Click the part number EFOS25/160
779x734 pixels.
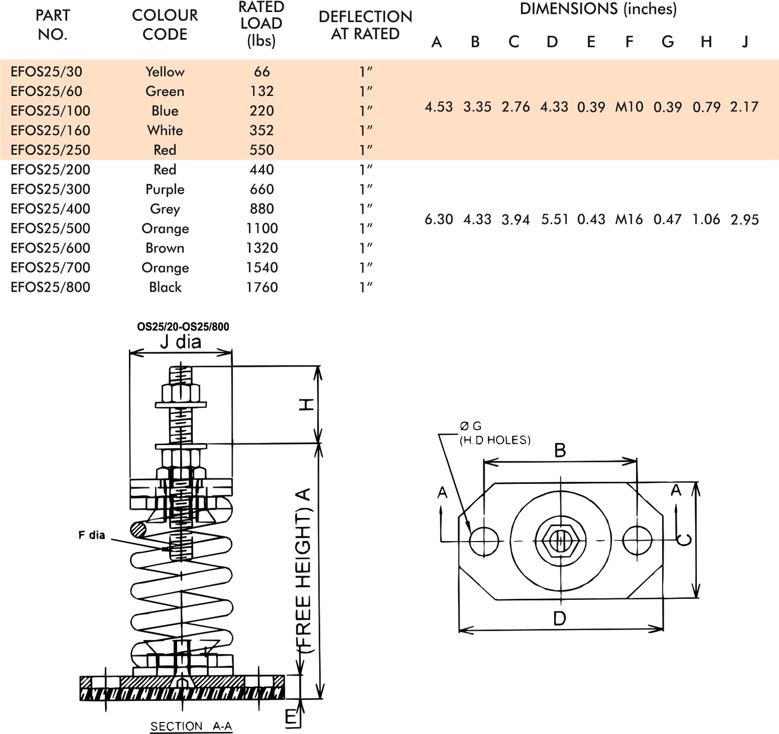point(50,131)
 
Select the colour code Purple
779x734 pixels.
point(165,189)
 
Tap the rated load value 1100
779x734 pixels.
point(262,229)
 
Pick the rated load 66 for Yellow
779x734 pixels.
point(262,72)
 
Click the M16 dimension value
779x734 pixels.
point(629,219)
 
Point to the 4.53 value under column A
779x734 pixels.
point(438,107)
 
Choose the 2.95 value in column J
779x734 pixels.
point(744,220)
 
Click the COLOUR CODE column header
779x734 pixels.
point(165,25)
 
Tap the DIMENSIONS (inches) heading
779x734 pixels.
point(598,9)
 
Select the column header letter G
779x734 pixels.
point(667,42)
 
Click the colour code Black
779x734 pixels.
point(165,287)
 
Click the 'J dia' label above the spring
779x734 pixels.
point(181,342)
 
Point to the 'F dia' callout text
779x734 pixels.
point(92,535)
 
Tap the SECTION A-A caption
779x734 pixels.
point(191,726)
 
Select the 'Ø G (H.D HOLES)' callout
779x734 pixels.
point(495,434)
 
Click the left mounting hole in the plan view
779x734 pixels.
point(484,541)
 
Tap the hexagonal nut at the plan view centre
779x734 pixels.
point(560,541)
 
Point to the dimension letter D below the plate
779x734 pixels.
point(559,619)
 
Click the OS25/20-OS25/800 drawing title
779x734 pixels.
point(183,327)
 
